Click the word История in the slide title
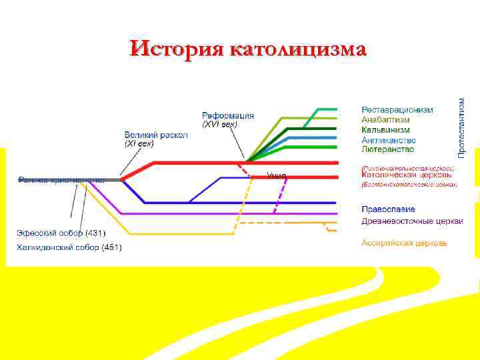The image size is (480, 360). (177, 49)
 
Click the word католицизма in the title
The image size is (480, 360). (297, 49)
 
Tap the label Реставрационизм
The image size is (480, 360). (397, 110)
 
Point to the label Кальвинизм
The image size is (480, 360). (385, 130)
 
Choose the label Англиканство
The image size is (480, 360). (388, 140)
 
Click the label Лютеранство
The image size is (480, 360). (387, 149)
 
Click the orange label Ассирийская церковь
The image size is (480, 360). (404, 243)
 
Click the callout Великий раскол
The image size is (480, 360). (156, 135)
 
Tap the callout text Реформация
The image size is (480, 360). (228, 115)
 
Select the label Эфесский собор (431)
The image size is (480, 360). (59, 233)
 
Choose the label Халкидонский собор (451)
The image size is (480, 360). (69, 247)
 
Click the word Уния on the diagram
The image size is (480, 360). (276, 176)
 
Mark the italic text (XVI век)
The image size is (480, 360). (219, 125)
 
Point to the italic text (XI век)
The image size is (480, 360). (139, 143)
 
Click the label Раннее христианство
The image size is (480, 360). (61, 179)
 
